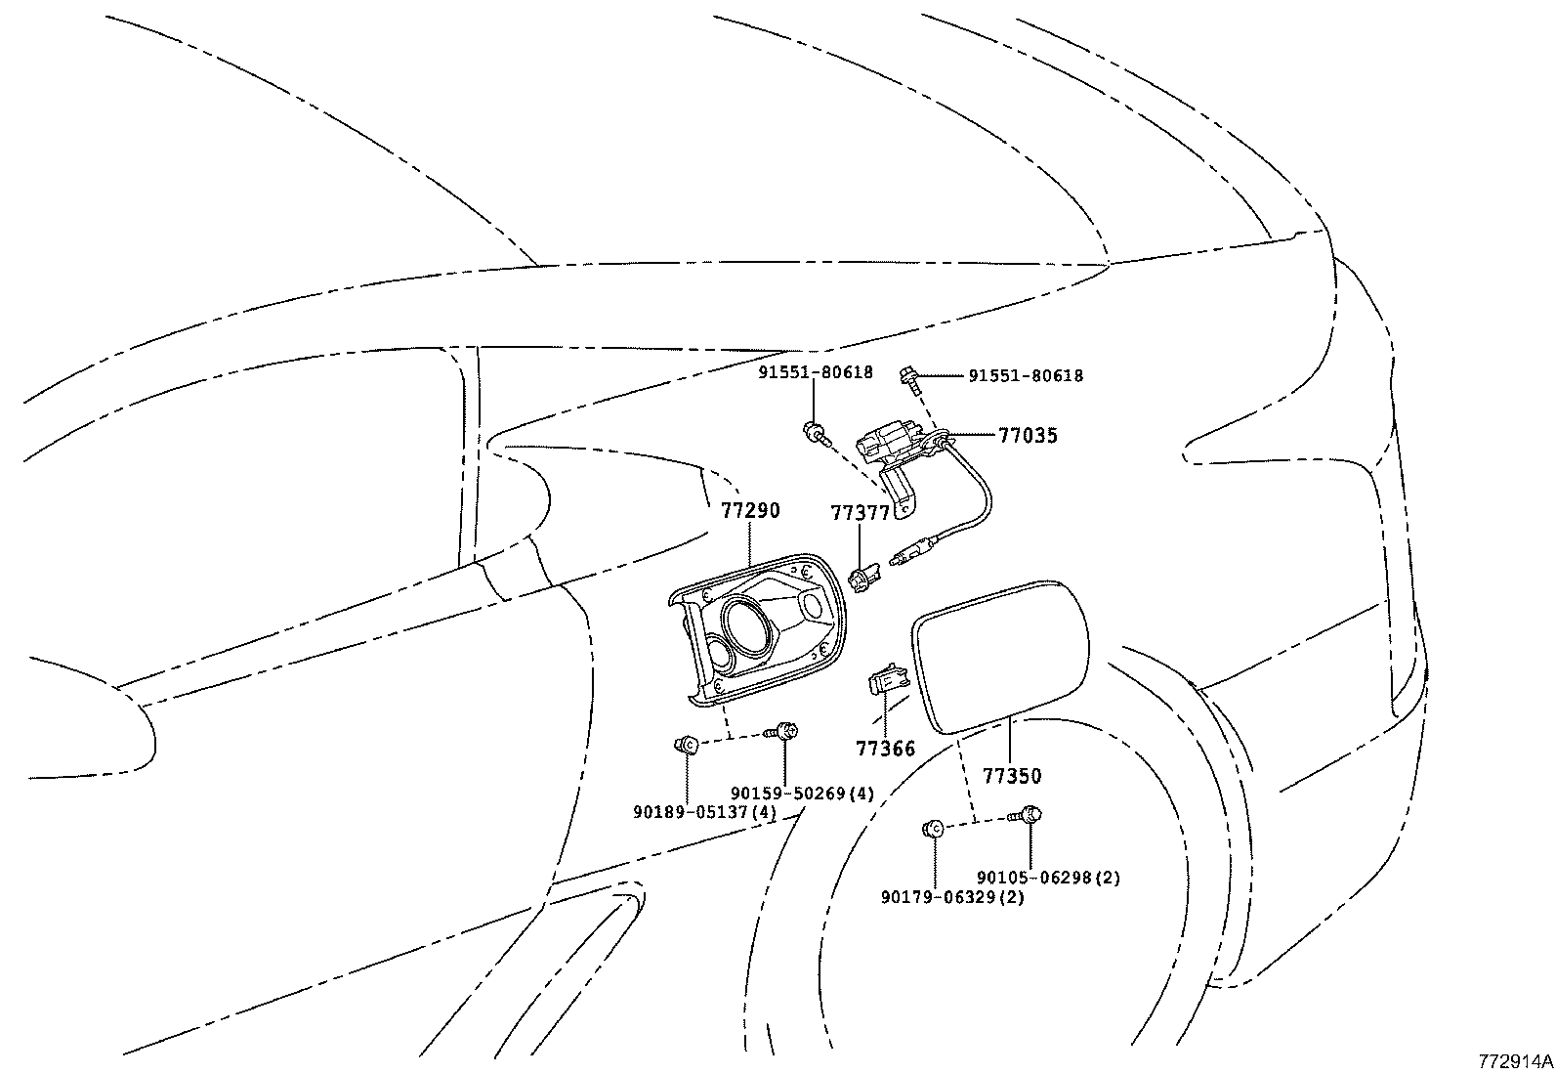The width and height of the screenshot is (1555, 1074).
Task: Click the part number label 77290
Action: click(x=750, y=510)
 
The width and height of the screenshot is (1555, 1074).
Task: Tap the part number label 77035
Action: click(x=1028, y=436)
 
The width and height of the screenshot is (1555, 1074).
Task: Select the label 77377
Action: click(x=860, y=514)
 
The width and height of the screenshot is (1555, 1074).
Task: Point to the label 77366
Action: click(x=886, y=749)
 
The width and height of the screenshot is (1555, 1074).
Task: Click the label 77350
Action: click(x=1011, y=776)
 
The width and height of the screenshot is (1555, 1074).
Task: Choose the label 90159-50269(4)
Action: click(x=803, y=793)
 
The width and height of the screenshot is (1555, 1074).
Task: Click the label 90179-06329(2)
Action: click(x=951, y=897)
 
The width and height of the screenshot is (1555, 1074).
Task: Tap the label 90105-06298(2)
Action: click(x=1048, y=878)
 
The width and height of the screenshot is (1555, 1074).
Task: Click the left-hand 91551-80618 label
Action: click(x=815, y=372)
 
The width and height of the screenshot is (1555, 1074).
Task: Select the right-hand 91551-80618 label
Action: click(x=1025, y=375)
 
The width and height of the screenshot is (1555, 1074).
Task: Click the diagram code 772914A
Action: click(x=1513, y=1060)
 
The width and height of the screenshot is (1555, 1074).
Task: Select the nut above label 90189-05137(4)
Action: click(x=686, y=746)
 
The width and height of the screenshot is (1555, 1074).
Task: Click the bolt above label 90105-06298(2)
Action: click(x=1030, y=812)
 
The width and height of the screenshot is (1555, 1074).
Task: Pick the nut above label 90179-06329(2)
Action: click(x=933, y=829)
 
